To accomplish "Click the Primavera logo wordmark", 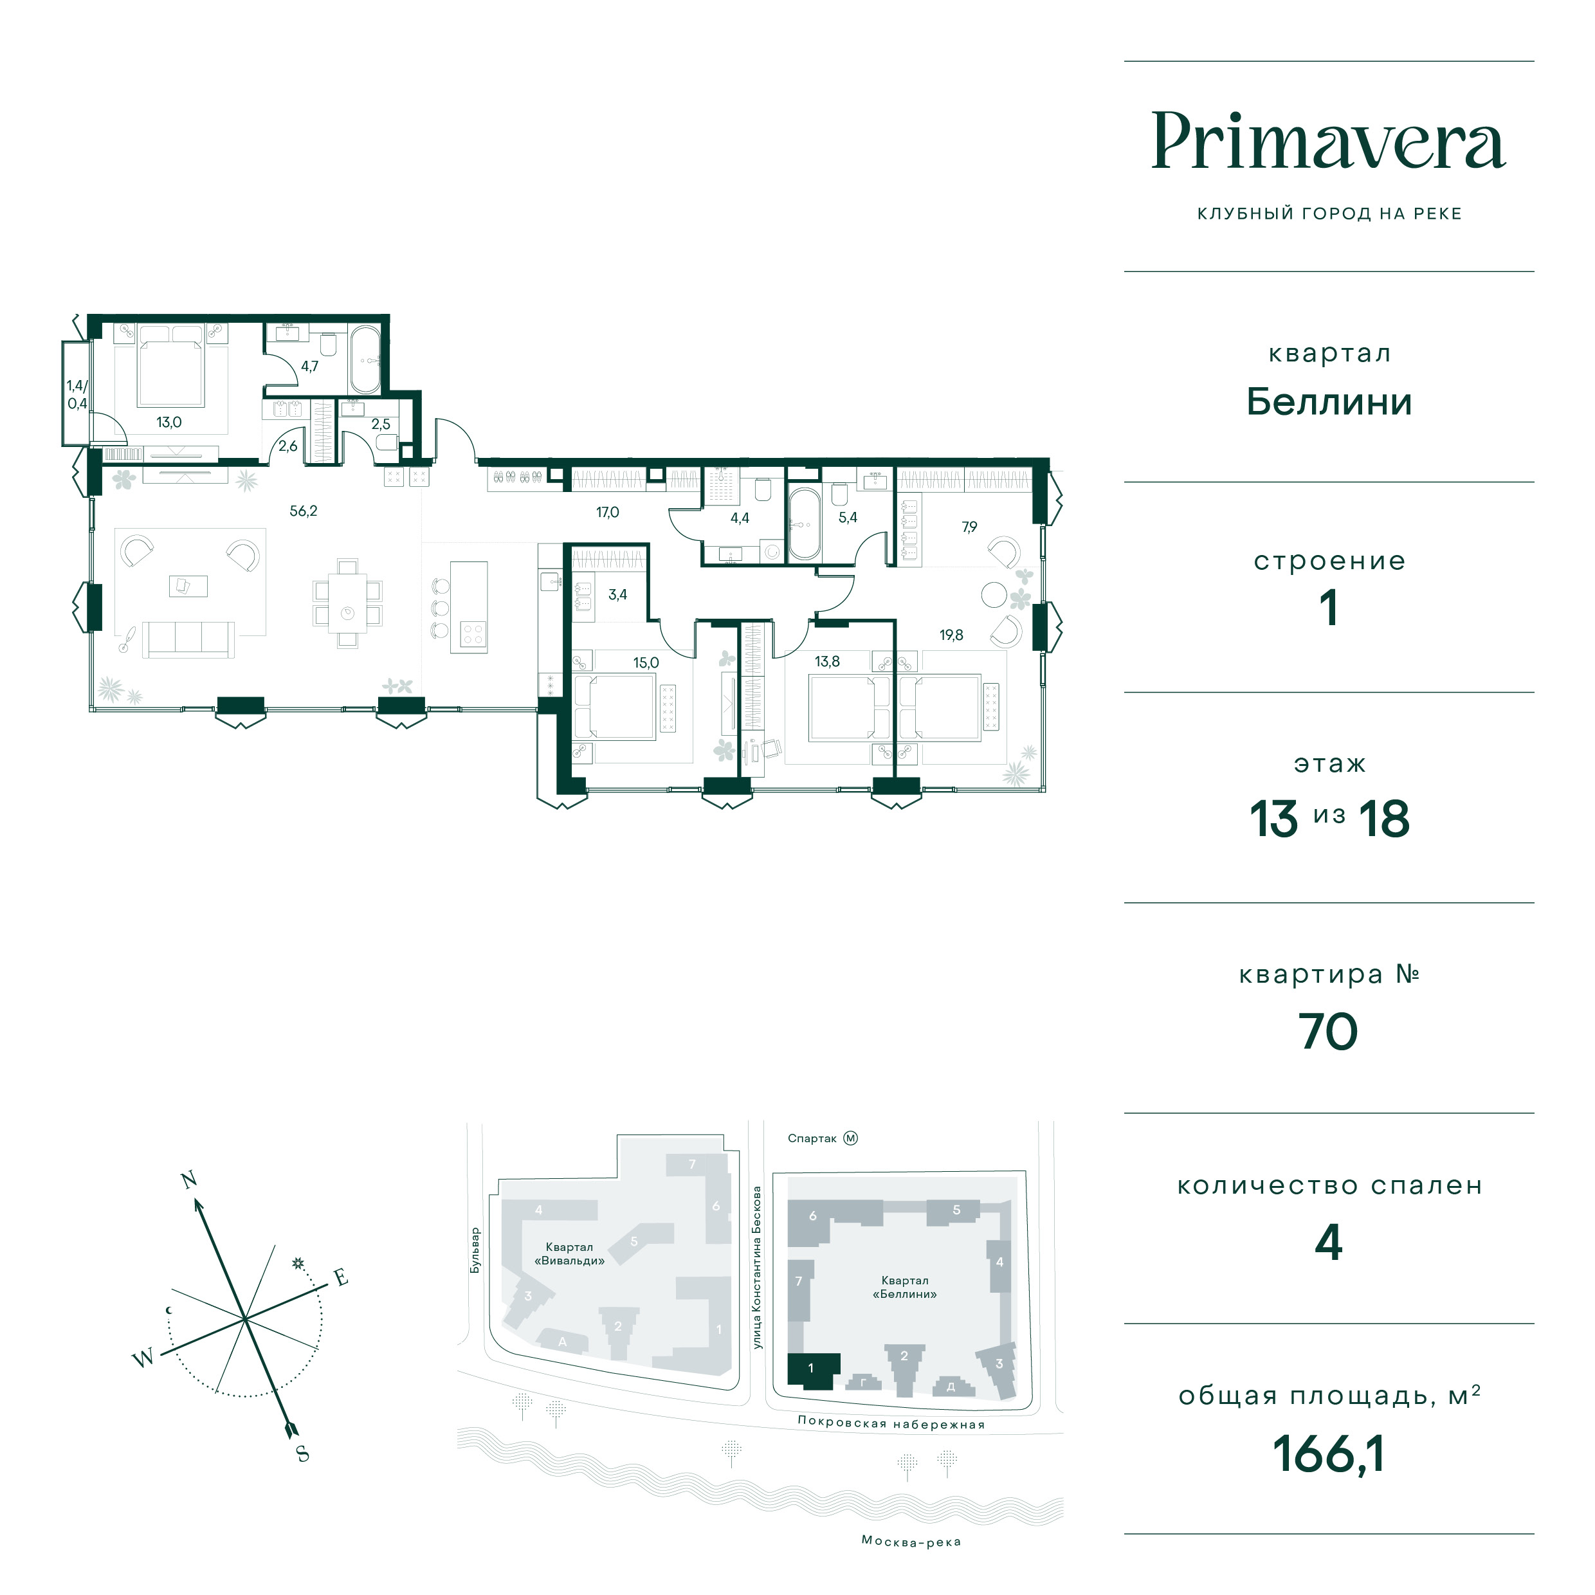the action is (x=1328, y=141).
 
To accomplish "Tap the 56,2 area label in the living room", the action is (x=303, y=511).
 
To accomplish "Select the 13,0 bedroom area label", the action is (x=169, y=423).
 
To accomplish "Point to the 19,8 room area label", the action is (x=951, y=635).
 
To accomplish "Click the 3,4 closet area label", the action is (x=617, y=594).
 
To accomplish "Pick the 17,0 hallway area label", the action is (x=608, y=513).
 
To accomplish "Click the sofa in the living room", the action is (x=188, y=640).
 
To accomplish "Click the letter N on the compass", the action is (x=189, y=1180).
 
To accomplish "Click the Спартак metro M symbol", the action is (x=851, y=1138).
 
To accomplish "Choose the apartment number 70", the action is (x=1327, y=1032).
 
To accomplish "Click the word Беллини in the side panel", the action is (x=1328, y=402).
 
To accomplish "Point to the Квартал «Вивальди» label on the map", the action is (x=570, y=1254).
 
